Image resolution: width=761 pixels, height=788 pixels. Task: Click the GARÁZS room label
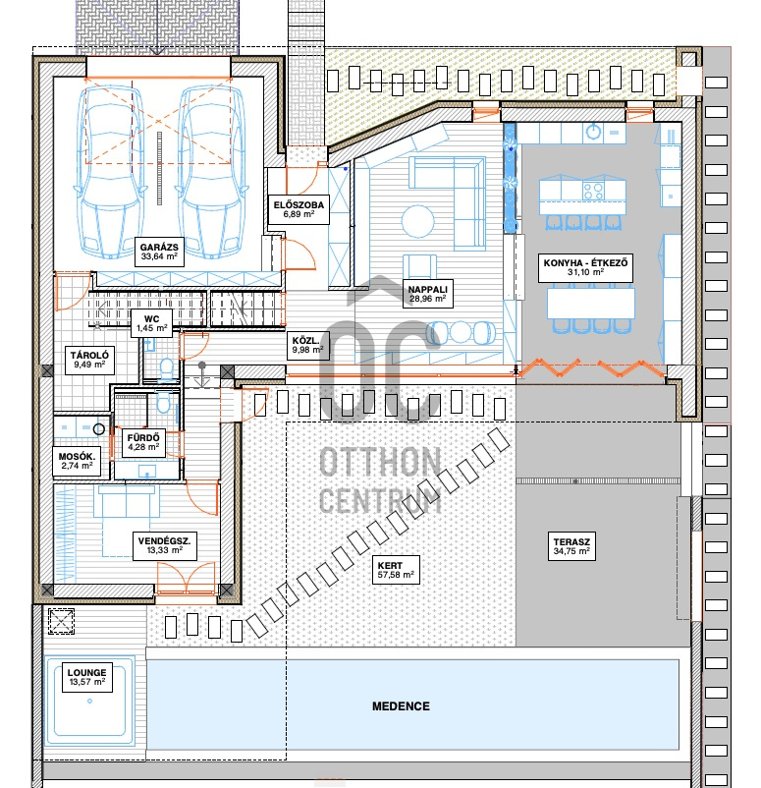(159, 252)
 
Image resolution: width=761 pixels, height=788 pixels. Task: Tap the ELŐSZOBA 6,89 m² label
(299, 209)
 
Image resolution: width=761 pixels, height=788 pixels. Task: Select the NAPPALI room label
(427, 294)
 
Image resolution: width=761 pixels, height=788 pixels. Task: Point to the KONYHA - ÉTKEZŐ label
(585, 267)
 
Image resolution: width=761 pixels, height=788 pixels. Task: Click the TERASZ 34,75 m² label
(571, 546)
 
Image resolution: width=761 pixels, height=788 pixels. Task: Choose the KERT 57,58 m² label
(396, 570)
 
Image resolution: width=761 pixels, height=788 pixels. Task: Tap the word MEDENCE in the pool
(401, 706)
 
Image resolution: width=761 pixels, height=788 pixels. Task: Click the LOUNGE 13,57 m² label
(86, 677)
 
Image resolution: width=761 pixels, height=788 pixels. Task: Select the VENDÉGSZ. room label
(165, 545)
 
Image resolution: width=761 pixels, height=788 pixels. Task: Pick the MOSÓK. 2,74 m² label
(78, 461)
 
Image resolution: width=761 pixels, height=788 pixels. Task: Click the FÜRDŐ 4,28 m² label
(143, 442)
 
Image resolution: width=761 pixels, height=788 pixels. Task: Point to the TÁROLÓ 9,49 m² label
(89, 360)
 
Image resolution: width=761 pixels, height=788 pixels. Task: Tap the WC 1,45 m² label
(151, 323)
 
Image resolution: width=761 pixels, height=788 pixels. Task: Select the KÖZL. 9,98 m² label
(308, 345)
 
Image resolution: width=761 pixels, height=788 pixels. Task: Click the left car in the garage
(111, 172)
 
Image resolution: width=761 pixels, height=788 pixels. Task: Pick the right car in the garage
(211, 172)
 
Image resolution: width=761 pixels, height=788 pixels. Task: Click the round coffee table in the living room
(418, 221)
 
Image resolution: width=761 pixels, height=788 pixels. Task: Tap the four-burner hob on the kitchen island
(593, 191)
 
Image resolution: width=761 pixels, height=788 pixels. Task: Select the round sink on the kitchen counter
(594, 133)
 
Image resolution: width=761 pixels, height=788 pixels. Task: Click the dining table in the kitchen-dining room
(591, 303)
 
